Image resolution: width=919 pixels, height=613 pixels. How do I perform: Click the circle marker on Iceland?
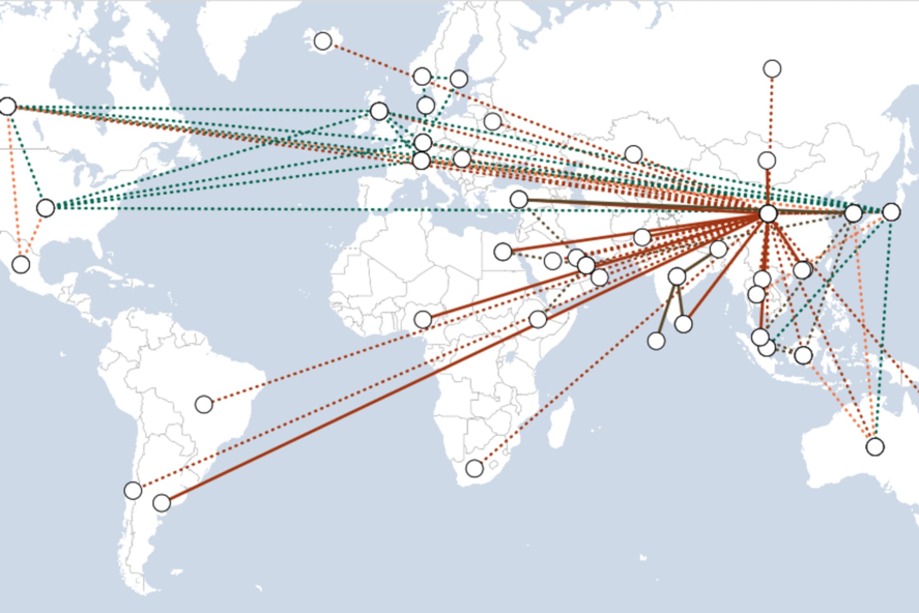click(x=323, y=41)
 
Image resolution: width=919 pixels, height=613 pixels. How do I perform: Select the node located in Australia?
click(x=875, y=446)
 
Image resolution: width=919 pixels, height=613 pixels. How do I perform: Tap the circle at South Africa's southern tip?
click(x=474, y=468)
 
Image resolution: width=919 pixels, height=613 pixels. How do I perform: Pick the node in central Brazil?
click(x=204, y=404)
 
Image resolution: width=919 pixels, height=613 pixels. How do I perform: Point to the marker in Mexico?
click(x=21, y=264)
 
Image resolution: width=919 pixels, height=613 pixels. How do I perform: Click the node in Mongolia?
click(x=767, y=161)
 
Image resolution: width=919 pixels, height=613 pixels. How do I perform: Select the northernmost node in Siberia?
click(x=772, y=69)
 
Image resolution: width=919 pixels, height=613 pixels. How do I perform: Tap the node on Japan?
click(x=891, y=212)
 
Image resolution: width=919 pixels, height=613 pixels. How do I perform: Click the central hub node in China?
click(x=768, y=213)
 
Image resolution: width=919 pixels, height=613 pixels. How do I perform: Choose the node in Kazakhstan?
click(x=633, y=154)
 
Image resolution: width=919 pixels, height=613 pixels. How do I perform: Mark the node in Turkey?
click(x=519, y=199)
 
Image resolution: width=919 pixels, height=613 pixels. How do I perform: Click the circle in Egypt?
click(x=503, y=251)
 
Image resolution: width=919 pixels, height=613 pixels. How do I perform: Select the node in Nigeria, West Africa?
click(x=423, y=319)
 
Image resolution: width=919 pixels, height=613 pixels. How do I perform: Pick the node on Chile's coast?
click(x=133, y=490)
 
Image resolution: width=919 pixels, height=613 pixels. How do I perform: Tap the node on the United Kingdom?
click(x=379, y=111)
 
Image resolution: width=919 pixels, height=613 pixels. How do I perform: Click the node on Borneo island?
click(x=803, y=355)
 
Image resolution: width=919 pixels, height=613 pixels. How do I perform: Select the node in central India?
click(x=677, y=276)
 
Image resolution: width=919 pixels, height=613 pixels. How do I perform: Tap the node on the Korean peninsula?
click(x=853, y=213)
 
